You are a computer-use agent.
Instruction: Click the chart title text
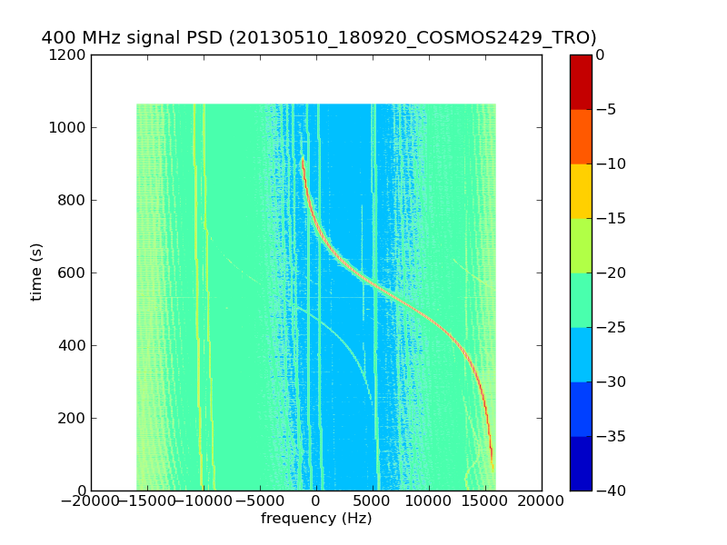click(319, 38)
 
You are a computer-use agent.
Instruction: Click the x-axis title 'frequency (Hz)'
click(316, 519)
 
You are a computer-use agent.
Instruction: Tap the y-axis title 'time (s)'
click(37, 272)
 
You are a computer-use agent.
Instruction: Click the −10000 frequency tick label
click(203, 500)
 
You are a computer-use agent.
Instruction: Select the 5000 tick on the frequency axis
click(373, 500)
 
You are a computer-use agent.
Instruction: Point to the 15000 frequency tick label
click(485, 500)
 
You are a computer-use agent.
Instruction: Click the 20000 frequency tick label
click(542, 500)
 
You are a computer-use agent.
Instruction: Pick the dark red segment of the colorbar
click(581, 82)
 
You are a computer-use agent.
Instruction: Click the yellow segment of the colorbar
click(581, 191)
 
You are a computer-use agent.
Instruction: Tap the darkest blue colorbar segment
click(581, 463)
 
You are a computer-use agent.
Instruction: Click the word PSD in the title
click(208, 38)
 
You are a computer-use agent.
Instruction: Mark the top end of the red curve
click(303, 158)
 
